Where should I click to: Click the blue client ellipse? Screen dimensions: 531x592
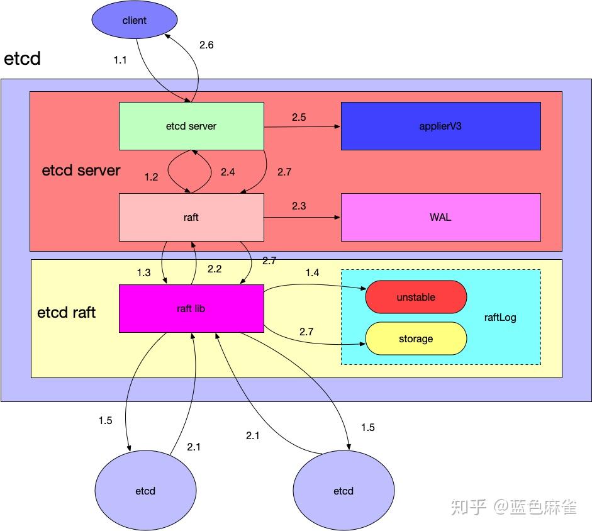click(134, 20)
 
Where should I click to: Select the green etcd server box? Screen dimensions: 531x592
click(191, 126)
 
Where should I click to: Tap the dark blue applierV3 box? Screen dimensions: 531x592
click(440, 126)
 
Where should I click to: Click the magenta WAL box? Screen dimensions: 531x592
click(440, 217)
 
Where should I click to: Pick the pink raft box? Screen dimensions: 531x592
click(191, 217)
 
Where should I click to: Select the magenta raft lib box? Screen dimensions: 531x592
click(191, 308)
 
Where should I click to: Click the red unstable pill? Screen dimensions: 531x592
click(416, 297)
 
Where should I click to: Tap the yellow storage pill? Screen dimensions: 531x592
click(416, 338)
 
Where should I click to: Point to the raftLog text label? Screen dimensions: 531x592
click(500, 317)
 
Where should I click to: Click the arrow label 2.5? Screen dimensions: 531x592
click(299, 117)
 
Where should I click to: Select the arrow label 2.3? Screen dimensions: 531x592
click(299, 206)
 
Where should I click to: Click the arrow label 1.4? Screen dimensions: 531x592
click(312, 272)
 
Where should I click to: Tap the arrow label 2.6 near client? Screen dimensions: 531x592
click(206, 45)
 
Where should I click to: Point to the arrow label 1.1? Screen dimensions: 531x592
click(120, 60)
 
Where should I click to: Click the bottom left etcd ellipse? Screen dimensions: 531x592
click(145, 491)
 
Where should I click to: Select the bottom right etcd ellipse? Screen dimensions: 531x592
click(343, 491)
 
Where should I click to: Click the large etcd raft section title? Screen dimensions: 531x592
click(67, 312)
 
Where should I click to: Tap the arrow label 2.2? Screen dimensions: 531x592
click(215, 269)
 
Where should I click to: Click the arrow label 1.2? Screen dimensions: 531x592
click(151, 177)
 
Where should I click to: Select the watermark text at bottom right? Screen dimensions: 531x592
click(513, 507)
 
